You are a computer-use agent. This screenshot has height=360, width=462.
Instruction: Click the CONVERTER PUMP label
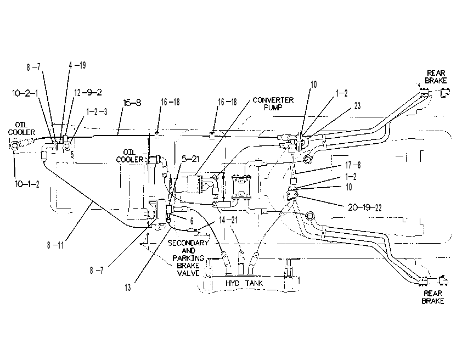click(273, 104)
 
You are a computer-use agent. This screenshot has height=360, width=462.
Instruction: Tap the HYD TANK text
click(244, 283)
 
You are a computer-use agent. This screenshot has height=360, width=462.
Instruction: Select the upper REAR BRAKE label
click(436, 77)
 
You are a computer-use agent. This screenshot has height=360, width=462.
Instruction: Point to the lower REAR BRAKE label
click(433, 297)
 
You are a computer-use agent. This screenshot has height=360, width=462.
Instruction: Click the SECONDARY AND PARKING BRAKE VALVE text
click(188, 258)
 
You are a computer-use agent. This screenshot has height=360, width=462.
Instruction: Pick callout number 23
click(357, 106)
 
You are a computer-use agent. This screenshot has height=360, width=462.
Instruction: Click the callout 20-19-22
click(365, 207)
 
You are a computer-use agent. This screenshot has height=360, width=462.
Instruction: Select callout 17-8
click(353, 165)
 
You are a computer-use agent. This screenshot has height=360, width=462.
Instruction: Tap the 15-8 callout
click(132, 103)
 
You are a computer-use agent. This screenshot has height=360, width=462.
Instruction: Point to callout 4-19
click(77, 65)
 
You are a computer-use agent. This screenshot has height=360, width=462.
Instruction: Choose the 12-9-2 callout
click(88, 93)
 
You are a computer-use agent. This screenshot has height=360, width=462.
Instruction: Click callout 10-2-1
click(25, 93)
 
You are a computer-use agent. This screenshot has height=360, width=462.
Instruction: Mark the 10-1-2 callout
click(27, 184)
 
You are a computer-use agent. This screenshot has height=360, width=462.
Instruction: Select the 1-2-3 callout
click(97, 112)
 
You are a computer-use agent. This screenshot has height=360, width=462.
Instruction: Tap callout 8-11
click(55, 245)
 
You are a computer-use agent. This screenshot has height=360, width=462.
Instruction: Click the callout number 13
click(128, 288)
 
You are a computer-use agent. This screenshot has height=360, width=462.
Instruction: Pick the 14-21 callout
click(228, 220)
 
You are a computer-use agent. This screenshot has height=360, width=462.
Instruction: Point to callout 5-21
click(190, 159)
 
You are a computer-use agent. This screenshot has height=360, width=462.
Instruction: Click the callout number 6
click(191, 221)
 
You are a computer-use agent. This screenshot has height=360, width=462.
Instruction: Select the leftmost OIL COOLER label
click(21, 128)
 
